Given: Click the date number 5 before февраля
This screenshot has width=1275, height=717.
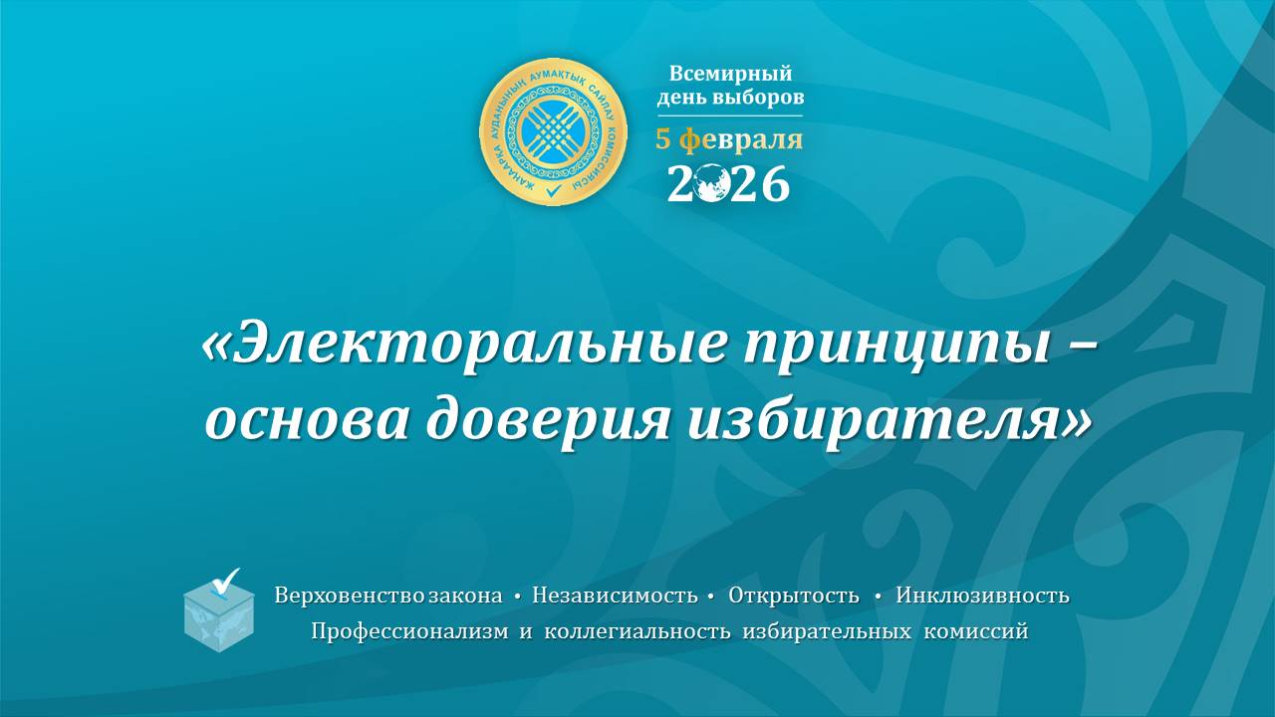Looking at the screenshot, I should (663, 140).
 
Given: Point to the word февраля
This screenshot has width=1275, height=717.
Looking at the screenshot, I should (741, 140).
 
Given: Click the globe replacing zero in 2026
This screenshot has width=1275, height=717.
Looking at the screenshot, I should (711, 184).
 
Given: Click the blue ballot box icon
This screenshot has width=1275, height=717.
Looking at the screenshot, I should (219, 615).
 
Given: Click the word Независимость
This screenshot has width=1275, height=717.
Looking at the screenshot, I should (615, 597).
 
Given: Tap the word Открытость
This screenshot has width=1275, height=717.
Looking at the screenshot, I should (793, 597).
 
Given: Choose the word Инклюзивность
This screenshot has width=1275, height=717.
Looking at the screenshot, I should (982, 597).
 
